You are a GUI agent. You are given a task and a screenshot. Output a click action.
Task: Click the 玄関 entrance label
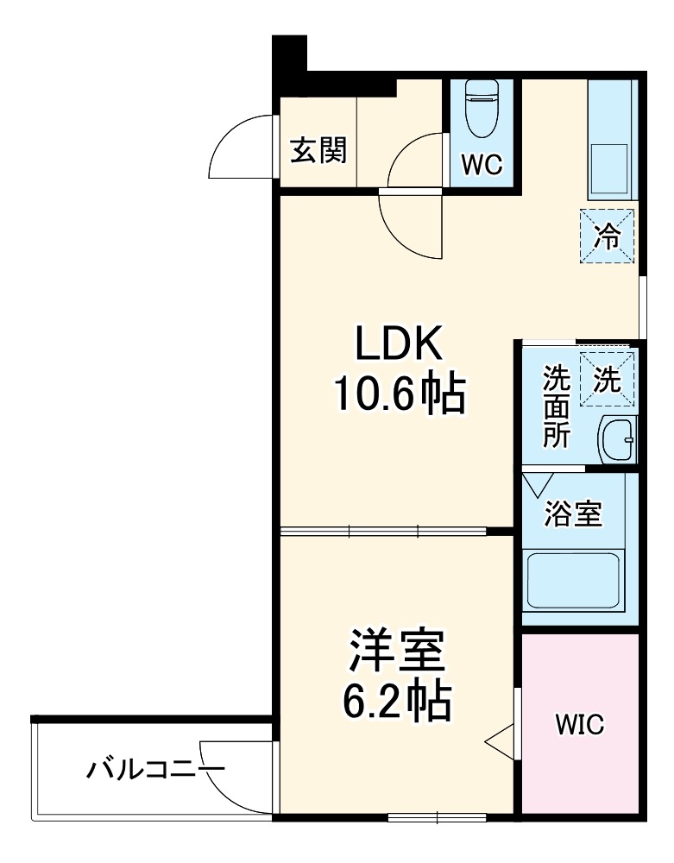[x=318, y=151]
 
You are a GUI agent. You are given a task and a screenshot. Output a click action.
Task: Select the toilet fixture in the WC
[x=480, y=107]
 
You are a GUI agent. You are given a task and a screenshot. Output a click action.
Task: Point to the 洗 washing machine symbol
[x=608, y=380]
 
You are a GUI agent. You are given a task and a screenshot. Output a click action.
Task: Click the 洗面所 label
[x=555, y=406]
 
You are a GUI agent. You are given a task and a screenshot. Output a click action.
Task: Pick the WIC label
[x=579, y=723]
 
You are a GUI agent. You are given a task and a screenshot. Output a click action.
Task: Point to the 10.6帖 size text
[x=400, y=396]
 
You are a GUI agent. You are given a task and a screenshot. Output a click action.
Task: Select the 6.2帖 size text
[x=394, y=704]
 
